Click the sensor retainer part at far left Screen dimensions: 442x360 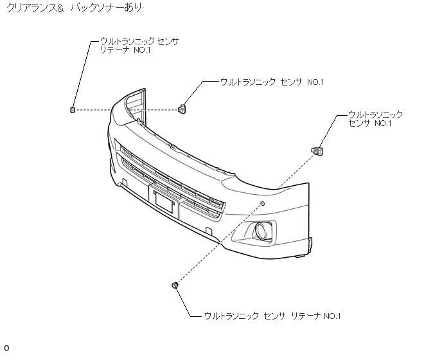(73, 109)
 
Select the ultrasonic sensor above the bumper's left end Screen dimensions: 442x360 (182, 108)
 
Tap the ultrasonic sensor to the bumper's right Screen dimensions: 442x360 (317, 151)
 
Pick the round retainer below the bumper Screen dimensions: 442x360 (175, 285)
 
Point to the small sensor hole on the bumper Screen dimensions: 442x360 (262, 203)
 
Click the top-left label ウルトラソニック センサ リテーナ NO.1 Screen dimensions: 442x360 (137, 46)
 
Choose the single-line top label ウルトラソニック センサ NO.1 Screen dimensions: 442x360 (272, 82)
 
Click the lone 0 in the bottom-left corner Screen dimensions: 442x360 (6, 348)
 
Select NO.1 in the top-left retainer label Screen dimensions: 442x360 (142, 50)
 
